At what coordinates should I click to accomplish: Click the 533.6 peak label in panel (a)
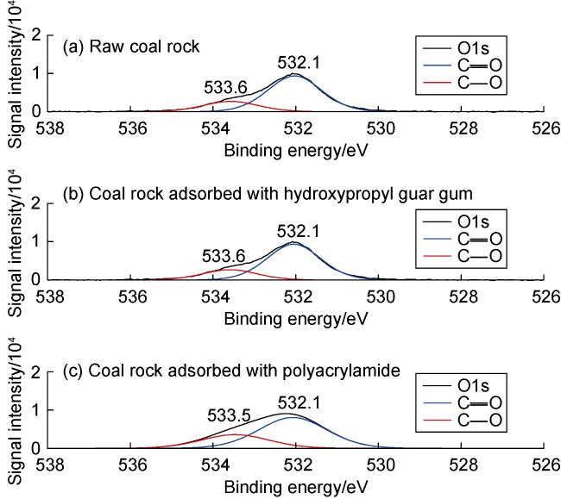click(226, 88)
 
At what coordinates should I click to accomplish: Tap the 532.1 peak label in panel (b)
click(299, 231)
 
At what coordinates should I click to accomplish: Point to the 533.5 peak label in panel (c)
click(229, 416)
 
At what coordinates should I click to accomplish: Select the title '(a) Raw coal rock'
click(132, 47)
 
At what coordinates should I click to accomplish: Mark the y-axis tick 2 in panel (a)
click(37, 35)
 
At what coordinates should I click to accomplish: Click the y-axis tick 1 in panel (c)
click(37, 411)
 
